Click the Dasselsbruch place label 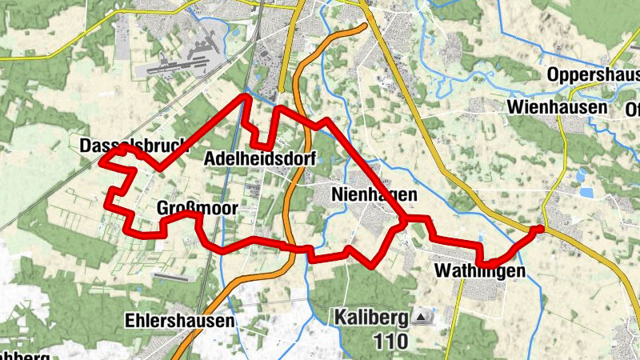pos(133,146)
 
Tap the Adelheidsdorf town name pos(258,158)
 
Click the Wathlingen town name pos(479,272)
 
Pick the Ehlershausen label pos(180,321)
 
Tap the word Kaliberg pos(374,318)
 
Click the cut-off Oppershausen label pos(593,75)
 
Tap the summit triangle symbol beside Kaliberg pos(422,318)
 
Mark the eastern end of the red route pos(539,229)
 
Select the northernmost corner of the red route pos(246,96)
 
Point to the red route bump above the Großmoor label pos(191,214)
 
